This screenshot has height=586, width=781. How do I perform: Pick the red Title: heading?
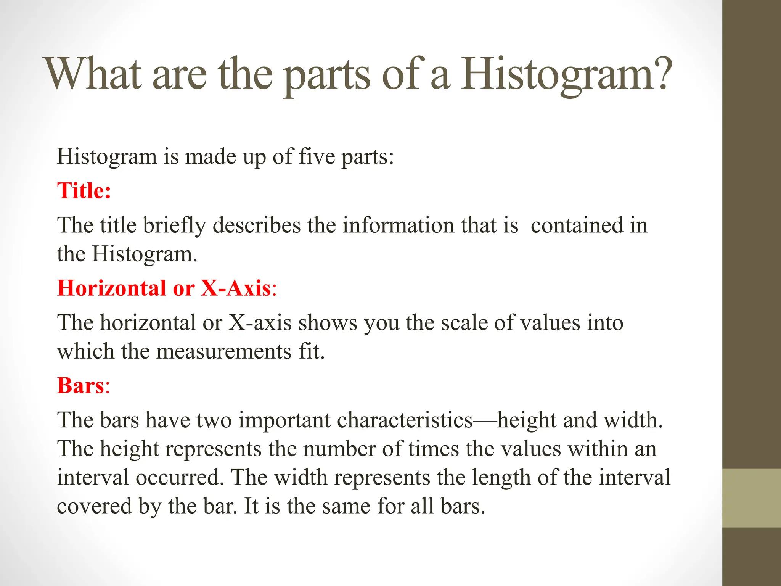pos(84,190)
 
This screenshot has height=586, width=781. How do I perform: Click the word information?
pos(398,225)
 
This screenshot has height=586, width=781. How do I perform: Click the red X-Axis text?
pos(236,288)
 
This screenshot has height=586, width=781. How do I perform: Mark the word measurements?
pos(224,351)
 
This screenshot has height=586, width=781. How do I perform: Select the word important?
pos(284,420)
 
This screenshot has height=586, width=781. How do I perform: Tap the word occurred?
pos(180,477)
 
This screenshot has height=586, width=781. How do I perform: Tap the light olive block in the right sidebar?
pos(752,498)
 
